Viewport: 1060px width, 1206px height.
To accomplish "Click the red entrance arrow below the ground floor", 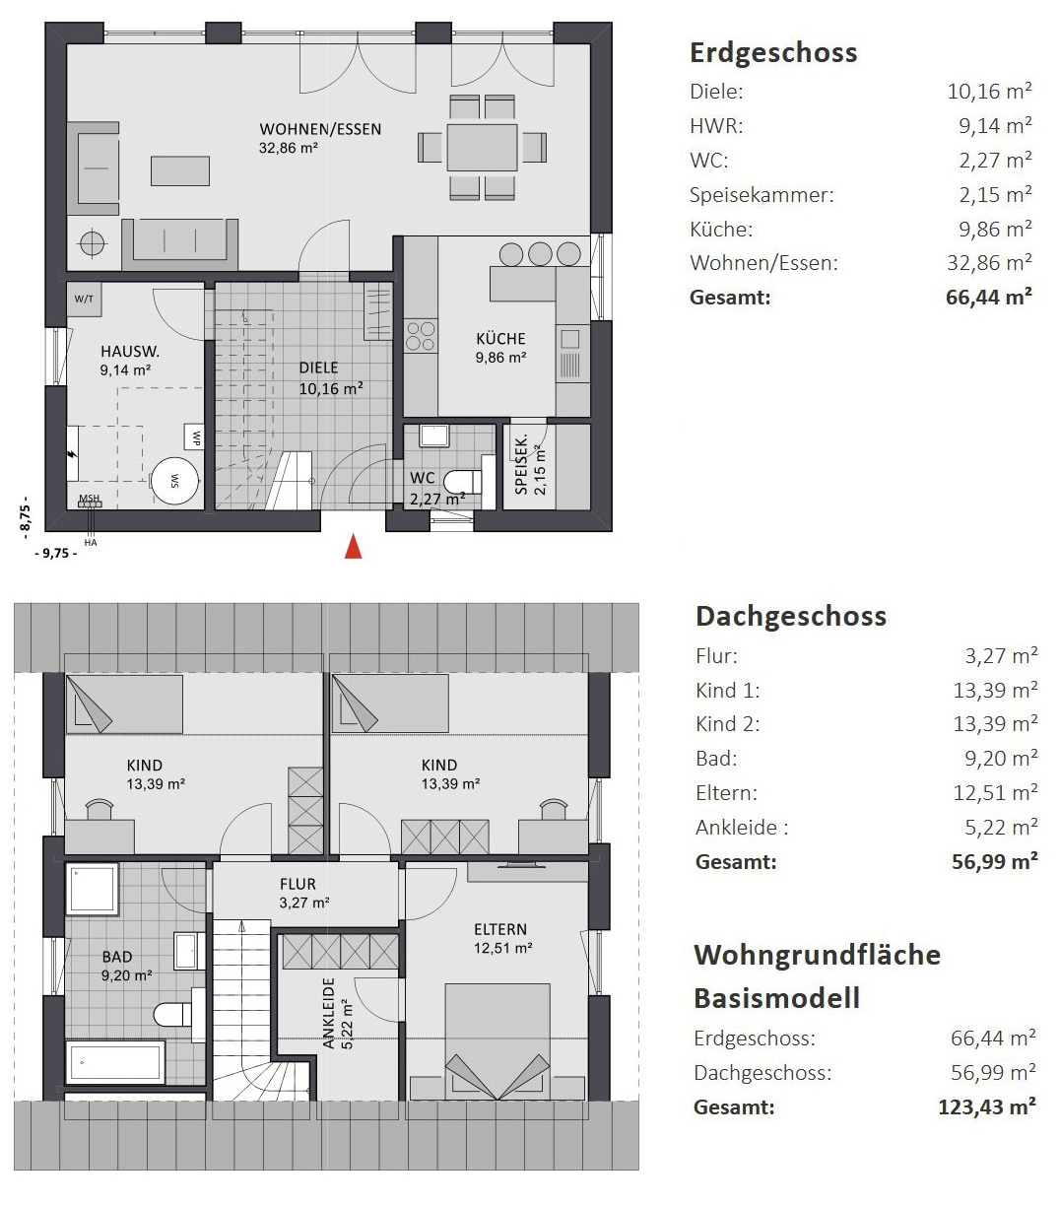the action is pyautogui.click(x=353, y=547).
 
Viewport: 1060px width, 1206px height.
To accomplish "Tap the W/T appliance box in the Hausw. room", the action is pyautogui.click(x=84, y=299).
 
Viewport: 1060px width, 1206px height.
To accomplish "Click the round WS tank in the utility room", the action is pyautogui.click(x=173, y=481).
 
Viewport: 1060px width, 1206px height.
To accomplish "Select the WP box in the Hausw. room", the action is pyautogui.click(x=195, y=438).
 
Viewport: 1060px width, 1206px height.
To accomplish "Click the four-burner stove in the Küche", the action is pyautogui.click(x=421, y=336).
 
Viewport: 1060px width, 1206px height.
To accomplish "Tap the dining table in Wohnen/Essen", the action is pyautogui.click(x=482, y=147).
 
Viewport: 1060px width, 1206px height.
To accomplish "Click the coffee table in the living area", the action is pyautogui.click(x=179, y=170).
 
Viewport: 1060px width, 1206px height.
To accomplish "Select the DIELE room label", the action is pyautogui.click(x=318, y=368).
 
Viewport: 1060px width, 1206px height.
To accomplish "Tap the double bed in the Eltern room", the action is pyautogui.click(x=497, y=1041).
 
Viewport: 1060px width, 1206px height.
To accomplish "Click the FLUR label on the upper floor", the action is pyautogui.click(x=298, y=884).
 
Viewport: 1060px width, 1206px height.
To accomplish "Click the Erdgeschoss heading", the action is pyautogui.click(x=773, y=53).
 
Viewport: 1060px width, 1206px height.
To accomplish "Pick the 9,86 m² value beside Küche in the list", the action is pyautogui.click(x=995, y=229).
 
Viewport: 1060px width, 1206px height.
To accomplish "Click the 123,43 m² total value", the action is pyautogui.click(x=987, y=1107).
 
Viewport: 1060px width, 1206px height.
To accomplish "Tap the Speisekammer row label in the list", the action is pyautogui.click(x=762, y=195).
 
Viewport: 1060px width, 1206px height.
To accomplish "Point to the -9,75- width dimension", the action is pyautogui.click(x=56, y=554).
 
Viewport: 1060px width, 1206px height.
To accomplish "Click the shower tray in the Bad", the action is pyautogui.click(x=93, y=890).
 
